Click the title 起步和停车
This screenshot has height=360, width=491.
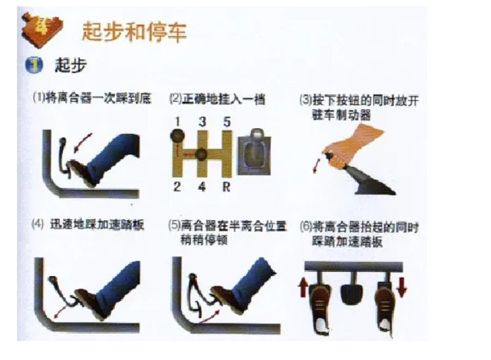pos(134,32)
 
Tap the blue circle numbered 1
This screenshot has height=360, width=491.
pos(34,65)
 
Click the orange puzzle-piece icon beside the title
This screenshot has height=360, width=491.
pos(42,30)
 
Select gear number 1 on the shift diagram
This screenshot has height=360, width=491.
pos(177,122)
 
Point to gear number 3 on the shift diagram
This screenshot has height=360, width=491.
pos(202,122)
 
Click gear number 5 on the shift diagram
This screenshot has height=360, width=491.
pos(227,122)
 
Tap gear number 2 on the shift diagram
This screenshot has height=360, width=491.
pos(177,187)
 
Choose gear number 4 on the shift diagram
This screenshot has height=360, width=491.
pos(202,187)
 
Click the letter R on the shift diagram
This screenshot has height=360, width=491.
pos(226,187)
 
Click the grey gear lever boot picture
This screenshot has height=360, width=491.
pos(254,152)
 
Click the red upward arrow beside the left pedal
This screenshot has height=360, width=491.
pos(303,288)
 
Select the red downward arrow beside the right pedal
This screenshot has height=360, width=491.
pos(402,287)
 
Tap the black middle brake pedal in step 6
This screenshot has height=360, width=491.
pos(352,294)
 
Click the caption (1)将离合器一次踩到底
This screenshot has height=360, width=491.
pos(92,98)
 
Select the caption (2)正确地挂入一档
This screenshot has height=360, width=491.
pos(217,99)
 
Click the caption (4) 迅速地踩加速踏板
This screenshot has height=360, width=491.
pos(88,225)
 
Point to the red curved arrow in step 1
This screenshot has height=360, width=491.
pos(82,143)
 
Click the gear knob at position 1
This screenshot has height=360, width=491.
pos(177,136)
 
